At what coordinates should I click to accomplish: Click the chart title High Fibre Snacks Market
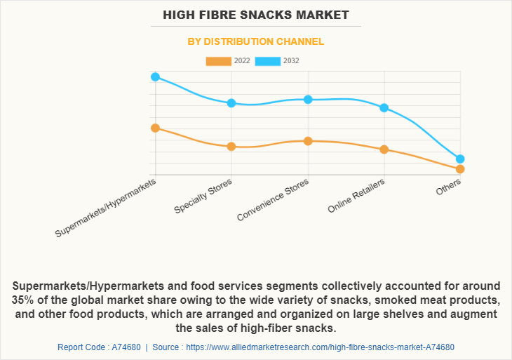[x=255, y=14]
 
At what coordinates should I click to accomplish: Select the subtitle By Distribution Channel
[x=255, y=41]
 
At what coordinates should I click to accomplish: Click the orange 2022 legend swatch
[x=218, y=61]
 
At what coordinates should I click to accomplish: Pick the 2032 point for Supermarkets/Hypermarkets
[x=156, y=76]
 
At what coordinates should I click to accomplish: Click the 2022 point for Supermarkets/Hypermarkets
[x=156, y=128]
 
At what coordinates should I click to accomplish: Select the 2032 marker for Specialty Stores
[x=231, y=103]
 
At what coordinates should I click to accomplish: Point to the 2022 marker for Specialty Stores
[x=231, y=146]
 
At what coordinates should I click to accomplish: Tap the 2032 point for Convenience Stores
[x=308, y=99]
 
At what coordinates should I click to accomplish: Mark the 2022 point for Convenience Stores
[x=308, y=141]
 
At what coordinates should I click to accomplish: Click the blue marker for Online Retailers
[x=384, y=107]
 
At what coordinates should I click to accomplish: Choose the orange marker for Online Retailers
[x=384, y=149]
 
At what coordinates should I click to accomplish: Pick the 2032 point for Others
[x=460, y=159]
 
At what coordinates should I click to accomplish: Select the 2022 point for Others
[x=460, y=169]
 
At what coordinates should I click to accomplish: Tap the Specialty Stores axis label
[x=204, y=196]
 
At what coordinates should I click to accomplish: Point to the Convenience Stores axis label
[x=273, y=199]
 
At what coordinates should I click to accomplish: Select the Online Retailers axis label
[x=357, y=196]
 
